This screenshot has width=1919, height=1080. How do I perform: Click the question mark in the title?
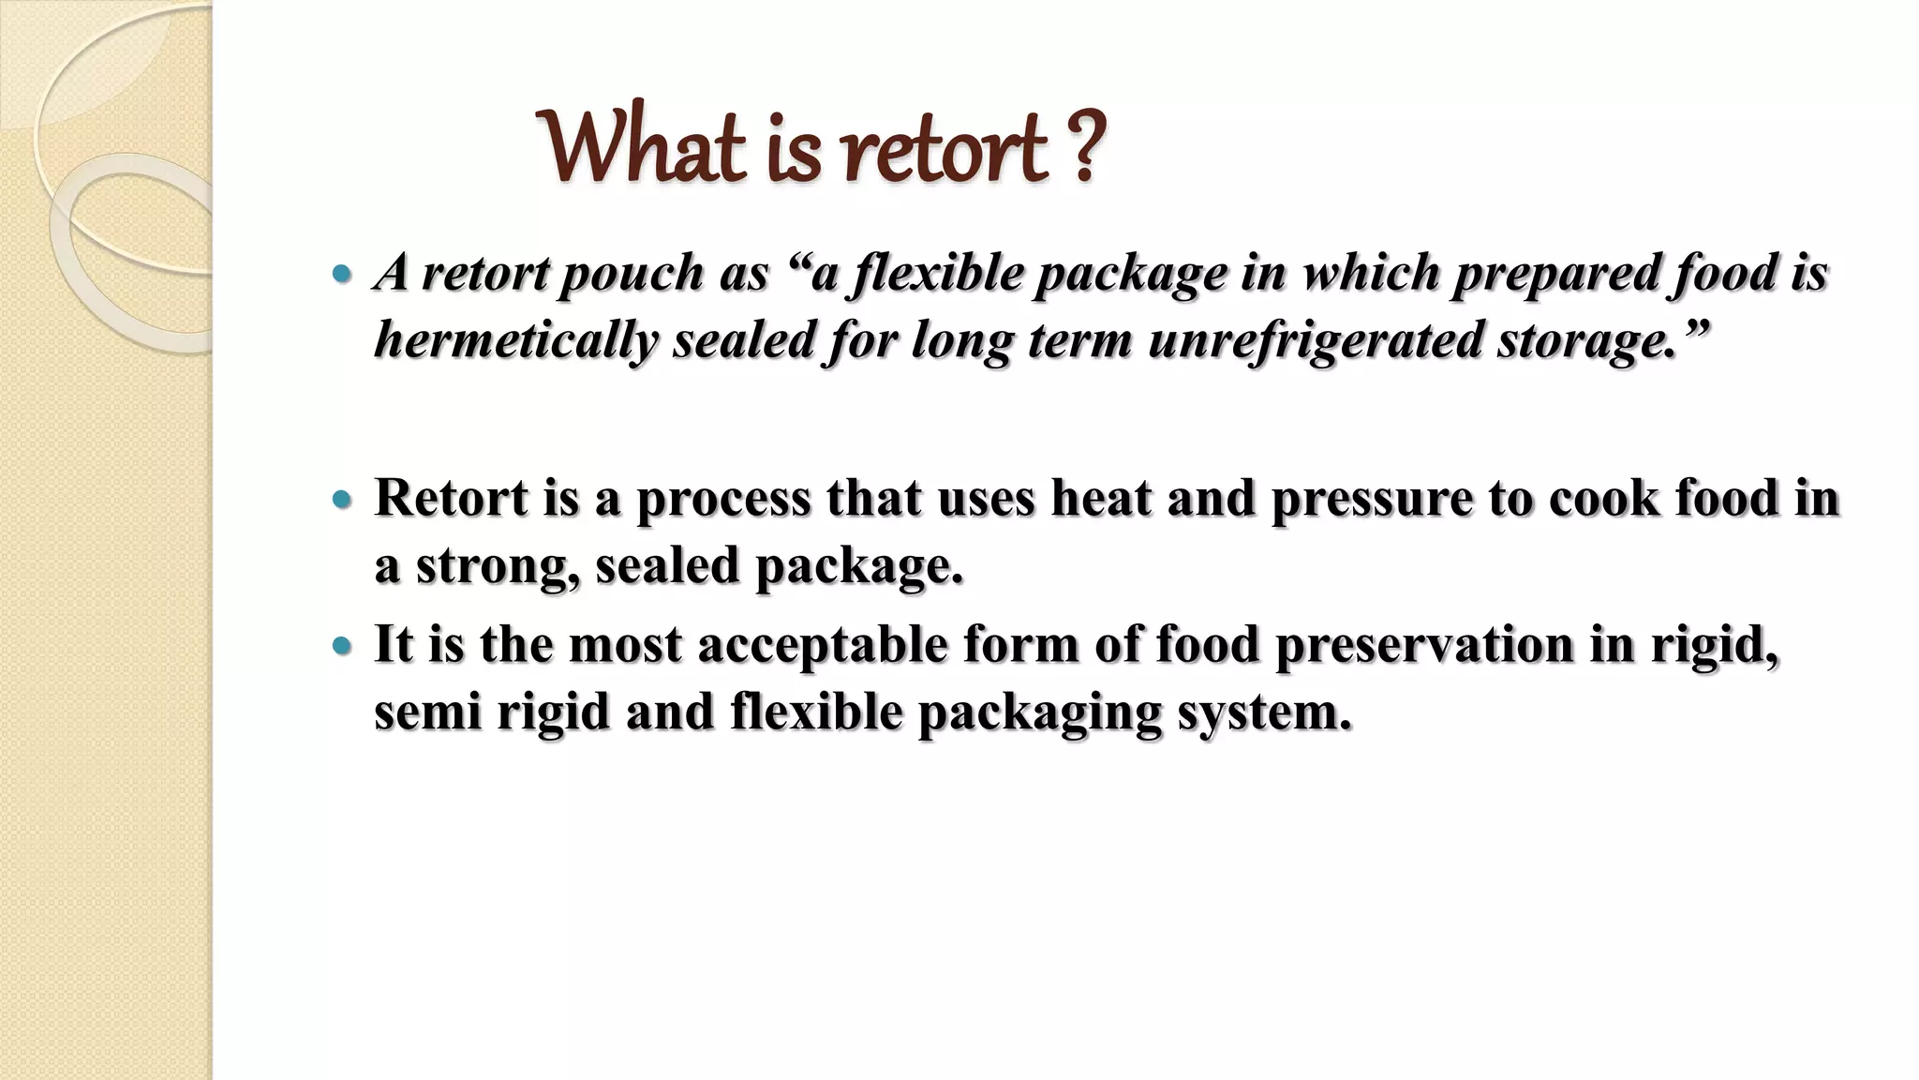coord(1085,148)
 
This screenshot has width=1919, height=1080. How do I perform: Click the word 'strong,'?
coord(498,565)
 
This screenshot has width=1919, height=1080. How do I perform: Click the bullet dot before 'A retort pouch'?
coord(342,275)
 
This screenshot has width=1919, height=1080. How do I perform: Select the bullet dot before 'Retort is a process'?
coord(342,500)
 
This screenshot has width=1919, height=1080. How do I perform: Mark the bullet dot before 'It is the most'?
coord(342,646)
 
